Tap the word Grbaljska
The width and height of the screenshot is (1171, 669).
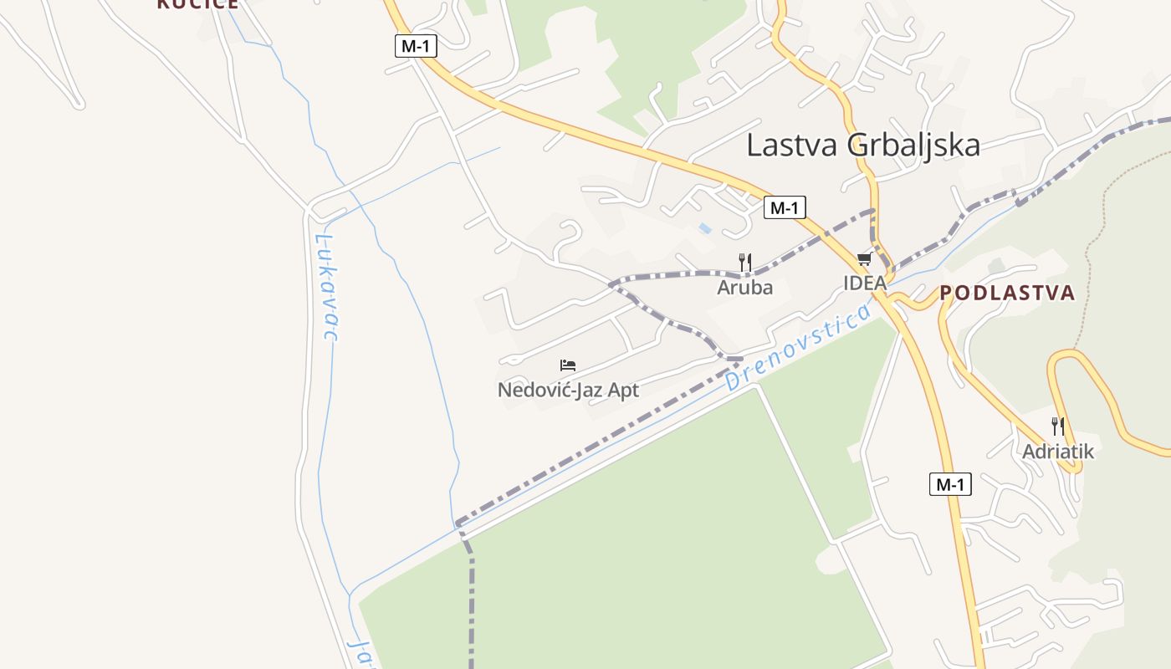[913, 145]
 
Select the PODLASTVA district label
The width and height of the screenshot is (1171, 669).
[1007, 293]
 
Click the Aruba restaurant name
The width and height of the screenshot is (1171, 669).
[744, 288]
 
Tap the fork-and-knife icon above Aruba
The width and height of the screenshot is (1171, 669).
[744, 263]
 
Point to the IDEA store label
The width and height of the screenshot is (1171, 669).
[864, 283]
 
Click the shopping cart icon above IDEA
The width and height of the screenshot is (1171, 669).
[864, 259]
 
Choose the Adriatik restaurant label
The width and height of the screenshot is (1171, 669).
[1057, 452]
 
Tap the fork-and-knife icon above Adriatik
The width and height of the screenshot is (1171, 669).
[1057, 426]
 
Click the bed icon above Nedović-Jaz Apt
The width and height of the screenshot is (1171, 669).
[568, 365]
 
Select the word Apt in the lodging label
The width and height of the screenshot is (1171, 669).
[624, 390]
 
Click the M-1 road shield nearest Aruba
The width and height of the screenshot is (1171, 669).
[784, 208]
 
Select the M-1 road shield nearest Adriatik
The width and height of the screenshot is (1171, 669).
[950, 483]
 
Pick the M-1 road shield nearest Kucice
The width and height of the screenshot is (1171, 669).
[416, 46]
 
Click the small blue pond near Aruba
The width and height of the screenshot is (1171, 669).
[705, 227]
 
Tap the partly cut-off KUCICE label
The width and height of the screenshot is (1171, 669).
[197, 4]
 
